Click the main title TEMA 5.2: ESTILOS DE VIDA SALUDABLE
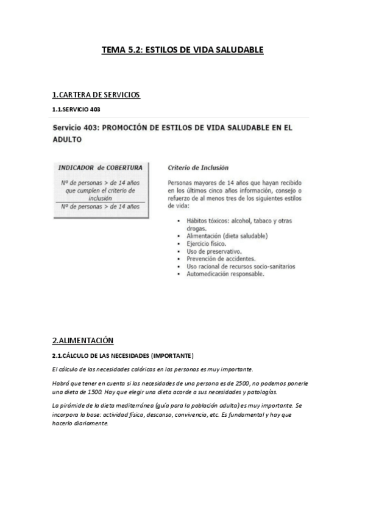point(182,50)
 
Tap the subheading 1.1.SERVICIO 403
point(76,110)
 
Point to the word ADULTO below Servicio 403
point(67,139)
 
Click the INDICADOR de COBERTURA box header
point(100,167)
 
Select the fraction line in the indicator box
point(100,202)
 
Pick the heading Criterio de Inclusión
point(198,167)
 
